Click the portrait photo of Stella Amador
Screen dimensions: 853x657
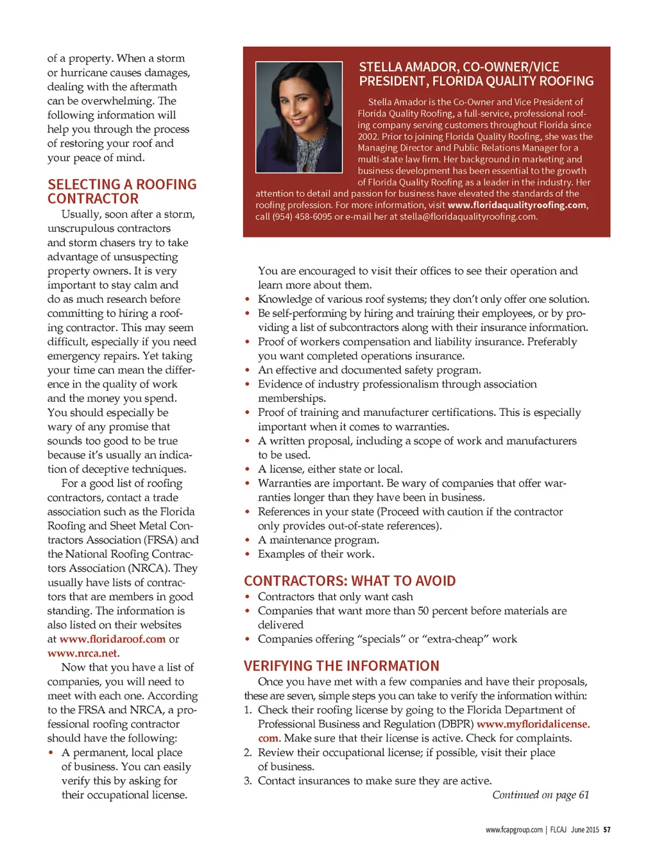pyautogui.click(x=299, y=117)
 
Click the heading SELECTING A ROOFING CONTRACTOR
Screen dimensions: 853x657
pyautogui.click(x=122, y=191)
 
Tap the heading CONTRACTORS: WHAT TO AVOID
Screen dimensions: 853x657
pyautogui.click(x=350, y=581)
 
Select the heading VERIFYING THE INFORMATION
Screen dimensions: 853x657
pyautogui.click(x=341, y=666)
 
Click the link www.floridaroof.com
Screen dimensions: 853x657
pyautogui.click(x=112, y=639)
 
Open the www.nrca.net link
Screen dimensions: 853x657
pyautogui.click(x=82, y=653)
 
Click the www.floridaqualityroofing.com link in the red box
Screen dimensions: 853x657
pyautogui.click(x=516, y=205)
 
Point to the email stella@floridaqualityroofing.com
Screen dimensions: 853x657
pyautogui.click(x=468, y=217)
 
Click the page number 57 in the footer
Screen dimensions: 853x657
pyautogui.click(x=606, y=830)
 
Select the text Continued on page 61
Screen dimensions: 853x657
pyautogui.click(x=540, y=795)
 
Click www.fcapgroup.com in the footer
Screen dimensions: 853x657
pyautogui.click(x=514, y=830)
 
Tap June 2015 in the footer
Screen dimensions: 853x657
pyautogui.click(x=584, y=830)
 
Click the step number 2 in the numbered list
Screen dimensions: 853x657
pyautogui.click(x=248, y=752)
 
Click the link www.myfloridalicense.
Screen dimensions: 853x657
pyautogui.click(x=533, y=724)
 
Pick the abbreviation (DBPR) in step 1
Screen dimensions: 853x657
pyautogui.click(x=456, y=724)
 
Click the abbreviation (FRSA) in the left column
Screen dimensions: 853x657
pyautogui.click(x=160, y=540)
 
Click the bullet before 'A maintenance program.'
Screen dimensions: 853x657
pyautogui.click(x=248, y=540)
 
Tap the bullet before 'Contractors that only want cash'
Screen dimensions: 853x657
pyautogui.click(x=248, y=597)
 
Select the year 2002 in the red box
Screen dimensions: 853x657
pyautogui.click(x=368, y=137)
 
